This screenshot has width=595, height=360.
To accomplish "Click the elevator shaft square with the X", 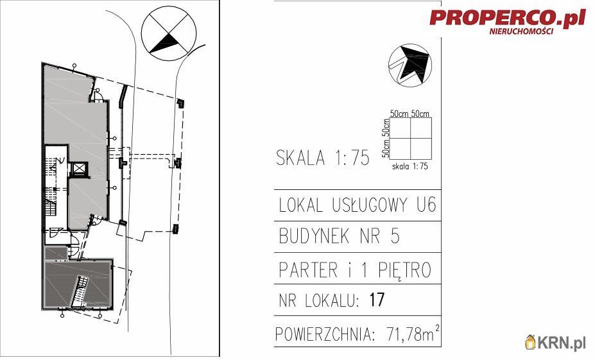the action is click(79, 169).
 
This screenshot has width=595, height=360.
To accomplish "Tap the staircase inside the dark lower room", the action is click(80, 291).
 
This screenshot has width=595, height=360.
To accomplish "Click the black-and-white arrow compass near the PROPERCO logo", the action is click(410, 65).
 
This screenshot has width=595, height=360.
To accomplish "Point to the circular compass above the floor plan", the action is click(169, 33).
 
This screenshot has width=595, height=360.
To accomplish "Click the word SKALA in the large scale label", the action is click(300, 157).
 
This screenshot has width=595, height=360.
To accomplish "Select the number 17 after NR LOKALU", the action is click(377, 300).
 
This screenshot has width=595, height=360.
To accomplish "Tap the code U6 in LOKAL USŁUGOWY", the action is click(426, 205).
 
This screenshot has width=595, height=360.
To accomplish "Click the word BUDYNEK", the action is click(314, 236).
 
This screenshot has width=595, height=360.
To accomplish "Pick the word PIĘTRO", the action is click(404, 270).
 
